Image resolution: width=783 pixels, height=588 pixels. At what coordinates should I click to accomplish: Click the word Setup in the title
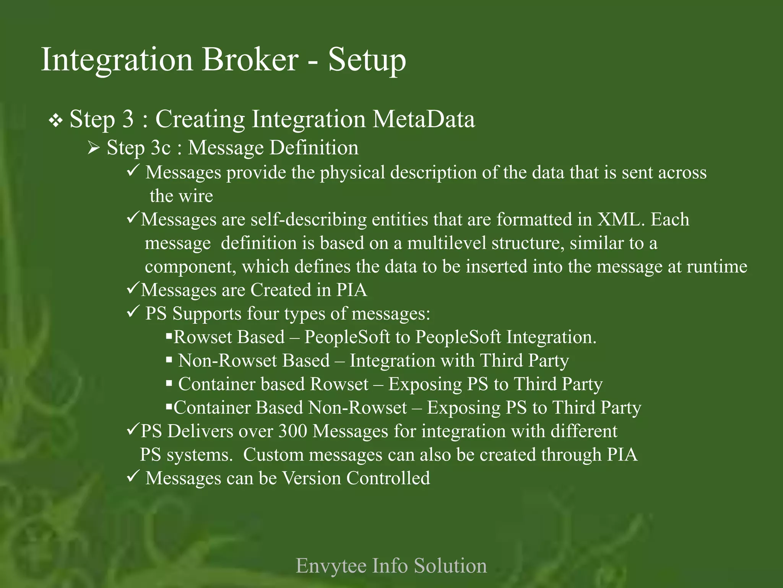point(367,60)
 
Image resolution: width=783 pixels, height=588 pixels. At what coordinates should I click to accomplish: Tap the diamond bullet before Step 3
point(56,121)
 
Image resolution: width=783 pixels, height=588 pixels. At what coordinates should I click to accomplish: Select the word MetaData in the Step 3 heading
point(424,119)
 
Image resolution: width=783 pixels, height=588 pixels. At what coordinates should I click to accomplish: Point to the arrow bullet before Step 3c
point(94,148)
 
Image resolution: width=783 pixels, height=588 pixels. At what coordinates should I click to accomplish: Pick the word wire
point(197,196)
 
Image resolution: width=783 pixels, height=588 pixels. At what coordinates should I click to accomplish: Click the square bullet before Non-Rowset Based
point(169,360)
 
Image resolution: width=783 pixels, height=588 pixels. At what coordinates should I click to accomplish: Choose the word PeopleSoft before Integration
point(458,337)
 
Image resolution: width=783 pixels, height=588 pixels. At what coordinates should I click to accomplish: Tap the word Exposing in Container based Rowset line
point(425,384)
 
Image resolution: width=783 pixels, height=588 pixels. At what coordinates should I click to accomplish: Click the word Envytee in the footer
point(331,566)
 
